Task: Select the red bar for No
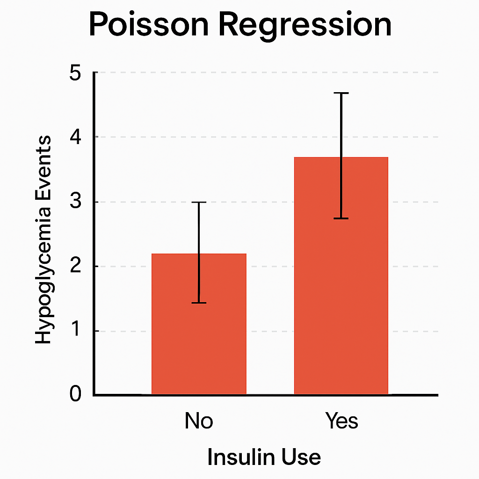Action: [199, 337]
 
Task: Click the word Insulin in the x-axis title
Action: [233, 457]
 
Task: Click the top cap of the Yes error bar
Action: [341, 94]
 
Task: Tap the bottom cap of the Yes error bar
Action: [341, 218]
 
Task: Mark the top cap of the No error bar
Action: [199, 202]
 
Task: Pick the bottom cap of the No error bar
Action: [199, 303]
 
